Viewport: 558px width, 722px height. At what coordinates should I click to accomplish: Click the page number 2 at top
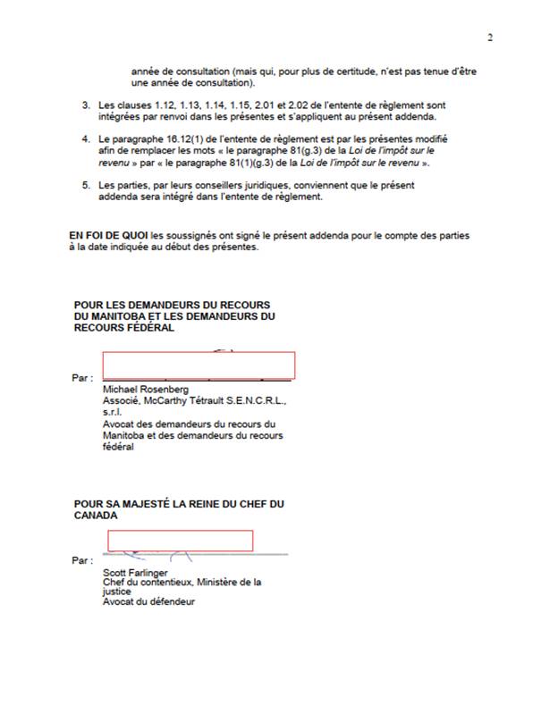click(490, 37)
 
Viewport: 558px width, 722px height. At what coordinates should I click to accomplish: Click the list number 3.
click(87, 105)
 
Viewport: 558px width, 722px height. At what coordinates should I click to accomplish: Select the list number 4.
click(87, 140)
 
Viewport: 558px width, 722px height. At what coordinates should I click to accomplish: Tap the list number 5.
click(87, 185)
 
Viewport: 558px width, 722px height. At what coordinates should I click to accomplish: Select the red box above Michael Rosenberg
click(199, 365)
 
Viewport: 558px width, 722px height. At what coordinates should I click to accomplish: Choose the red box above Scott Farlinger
click(181, 540)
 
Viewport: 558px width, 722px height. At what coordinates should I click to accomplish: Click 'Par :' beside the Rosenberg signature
click(80, 378)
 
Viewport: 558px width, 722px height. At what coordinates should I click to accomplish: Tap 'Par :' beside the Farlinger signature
click(80, 560)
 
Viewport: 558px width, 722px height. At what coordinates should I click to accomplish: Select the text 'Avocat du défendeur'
click(148, 601)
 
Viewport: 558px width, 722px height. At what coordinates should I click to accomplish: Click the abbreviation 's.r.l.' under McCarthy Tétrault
click(114, 413)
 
